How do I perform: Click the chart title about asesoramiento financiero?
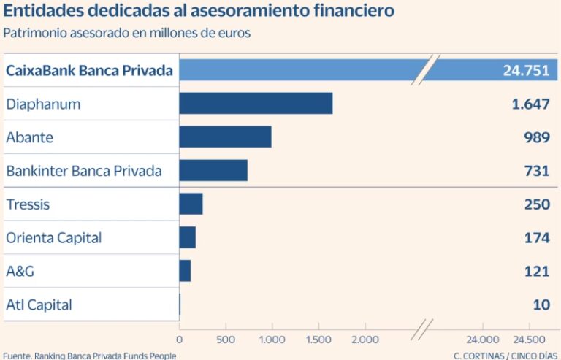[x=199, y=11]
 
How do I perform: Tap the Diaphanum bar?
[x=256, y=104]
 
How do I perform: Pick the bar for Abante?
[x=225, y=137]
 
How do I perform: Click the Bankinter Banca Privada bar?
[x=213, y=170]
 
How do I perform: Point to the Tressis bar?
[x=191, y=204]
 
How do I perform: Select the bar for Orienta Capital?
[x=187, y=237]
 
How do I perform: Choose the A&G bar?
[x=185, y=271]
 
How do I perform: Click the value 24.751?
[x=526, y=70]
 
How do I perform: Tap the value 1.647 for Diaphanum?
[x=530, y=104]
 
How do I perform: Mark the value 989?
[x=536, y=137]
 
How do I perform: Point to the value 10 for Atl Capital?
[x=541, y=305]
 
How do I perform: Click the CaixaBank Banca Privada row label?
[x=89, y=71]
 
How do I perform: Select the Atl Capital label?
[x=39, y=305]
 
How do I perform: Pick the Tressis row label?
[x=28, y=204]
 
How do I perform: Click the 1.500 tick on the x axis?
[x=318, y=340]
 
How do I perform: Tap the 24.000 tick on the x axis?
[x=484, y=340]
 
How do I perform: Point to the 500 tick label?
[x=226, y=340]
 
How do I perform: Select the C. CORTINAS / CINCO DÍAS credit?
[x=505, y=356]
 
